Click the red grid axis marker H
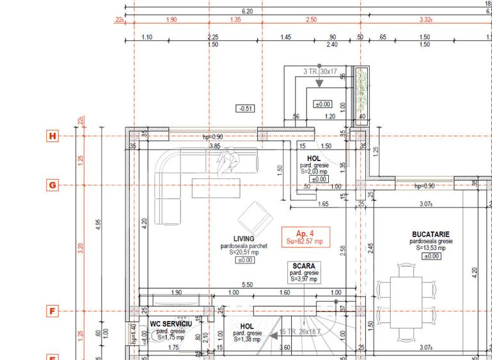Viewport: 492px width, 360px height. tap(52, 136)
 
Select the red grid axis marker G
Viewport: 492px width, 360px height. tap(52, 185)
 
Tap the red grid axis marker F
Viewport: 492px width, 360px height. tap(52, 311)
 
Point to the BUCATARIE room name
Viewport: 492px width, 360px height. tap(431, 235)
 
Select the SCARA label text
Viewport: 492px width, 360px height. tap(304, 265)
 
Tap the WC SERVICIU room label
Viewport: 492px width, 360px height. tap(171, 324)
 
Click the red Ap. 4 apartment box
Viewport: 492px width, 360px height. tap(306, 237)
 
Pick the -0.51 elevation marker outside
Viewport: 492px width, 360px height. tap(245, 109)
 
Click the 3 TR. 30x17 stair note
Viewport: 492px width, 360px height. tap(321, 72)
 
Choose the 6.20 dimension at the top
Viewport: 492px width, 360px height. tap(248, 11)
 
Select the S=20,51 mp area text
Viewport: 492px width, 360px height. tap(244, 253)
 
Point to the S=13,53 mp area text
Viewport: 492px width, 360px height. tap(431, 248)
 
